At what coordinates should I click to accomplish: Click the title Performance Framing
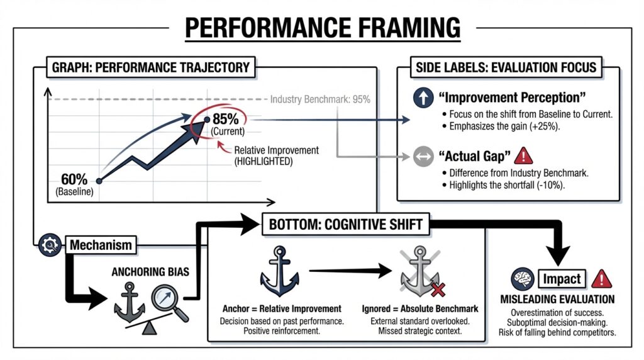(321, 28)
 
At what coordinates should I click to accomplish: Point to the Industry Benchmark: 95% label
(320, 99)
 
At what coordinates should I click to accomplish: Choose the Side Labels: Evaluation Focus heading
(506, 67)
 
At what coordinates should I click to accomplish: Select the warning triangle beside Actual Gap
(523, 155)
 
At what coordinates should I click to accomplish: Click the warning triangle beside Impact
(601, 278)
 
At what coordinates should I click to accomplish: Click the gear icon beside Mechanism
(48, 244)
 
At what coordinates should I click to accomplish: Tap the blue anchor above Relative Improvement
(279, 273)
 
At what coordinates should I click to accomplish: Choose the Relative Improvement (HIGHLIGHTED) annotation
(276, 155)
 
